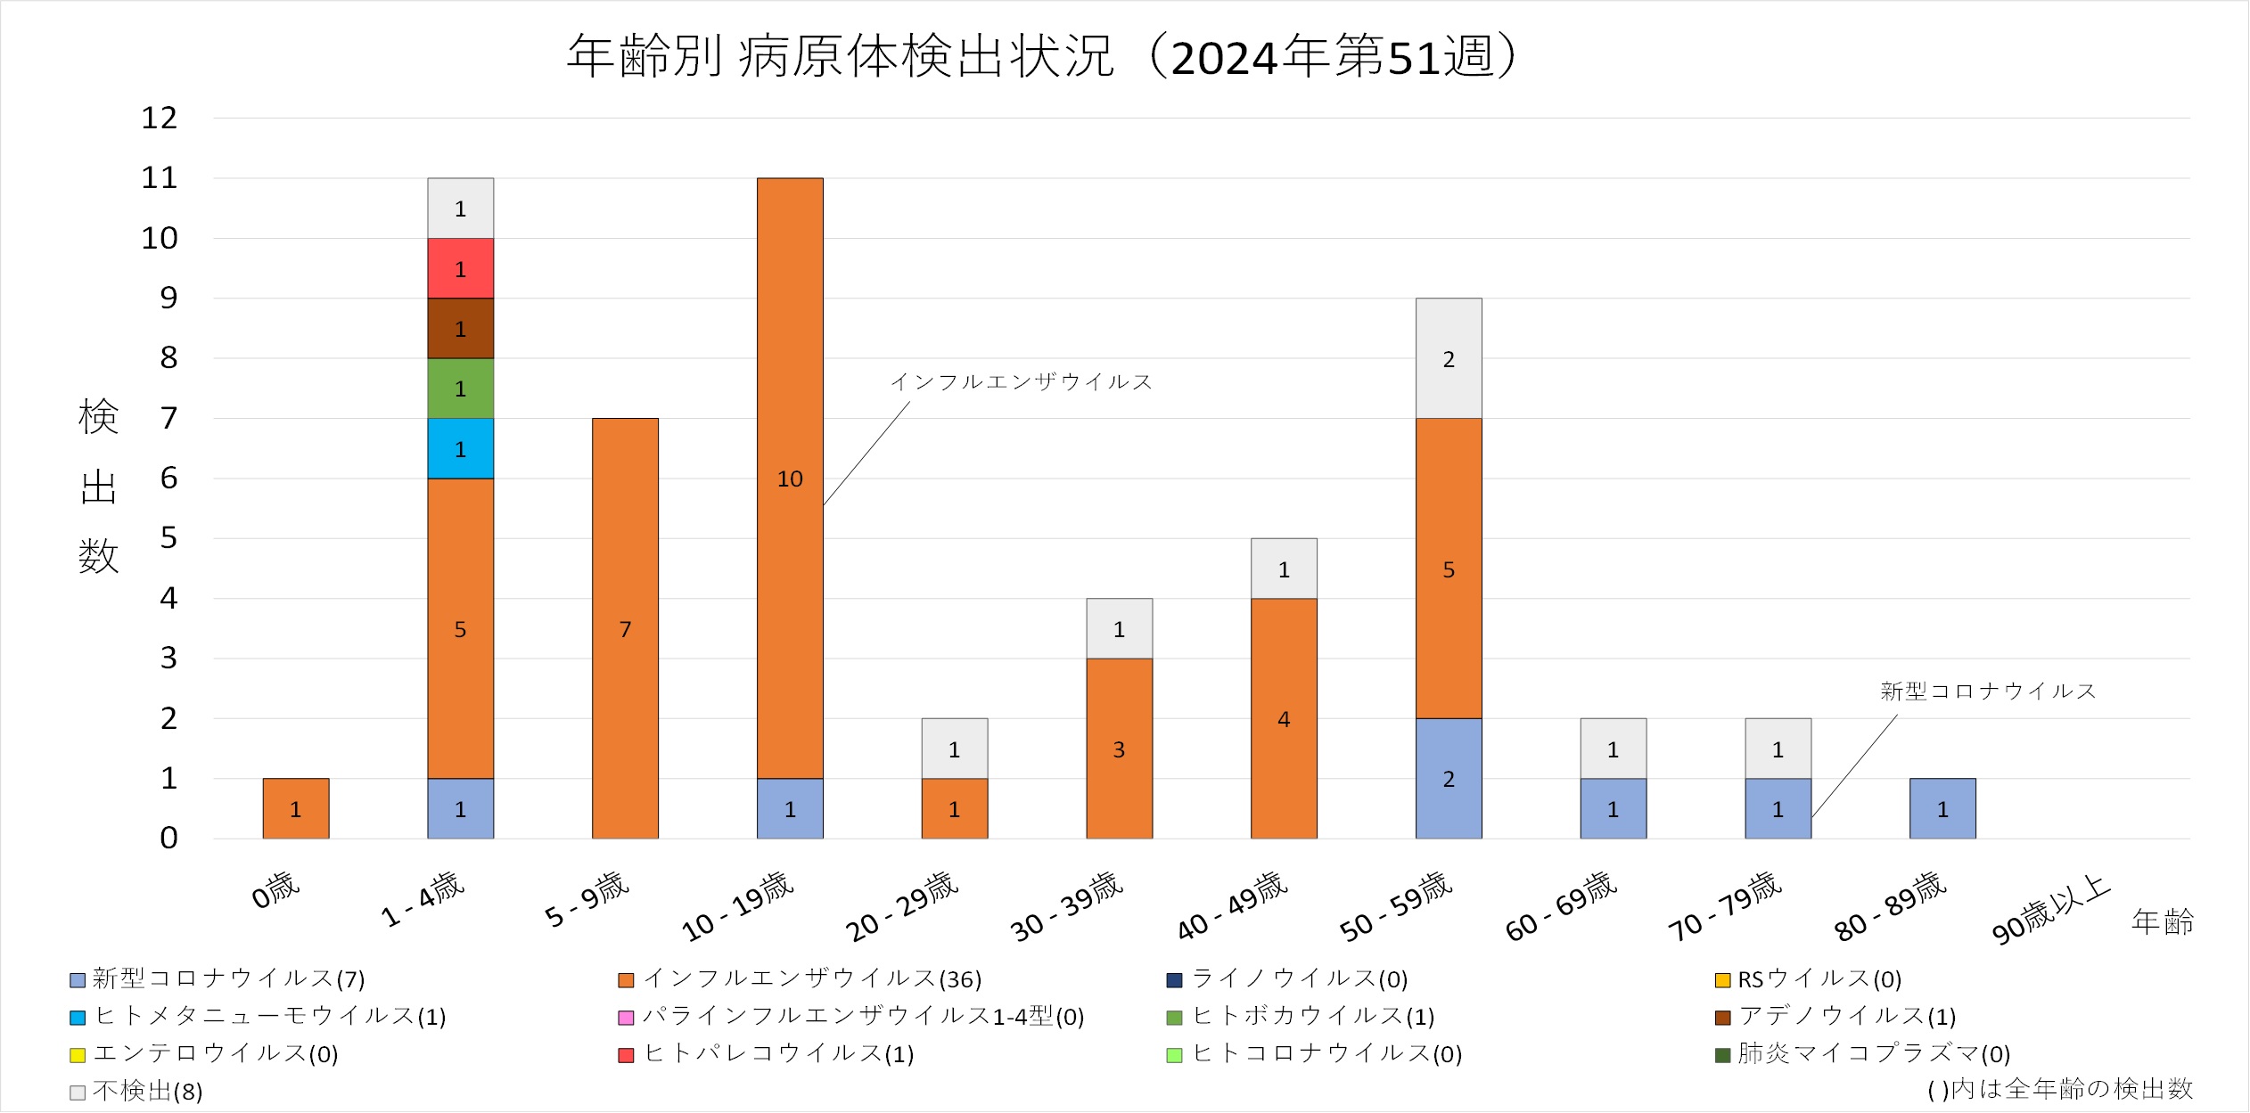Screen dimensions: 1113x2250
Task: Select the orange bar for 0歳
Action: pos(295,808)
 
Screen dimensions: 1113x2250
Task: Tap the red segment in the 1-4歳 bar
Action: pos(460,268)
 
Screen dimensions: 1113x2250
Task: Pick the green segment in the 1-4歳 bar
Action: pos(460,389)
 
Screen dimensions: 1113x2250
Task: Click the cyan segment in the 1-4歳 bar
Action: pos(460,448)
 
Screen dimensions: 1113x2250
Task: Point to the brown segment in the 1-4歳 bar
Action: pos(460,328)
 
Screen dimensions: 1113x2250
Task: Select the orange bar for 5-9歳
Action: pos(625,628)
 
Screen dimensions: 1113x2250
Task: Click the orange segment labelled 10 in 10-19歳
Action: pos(790,479)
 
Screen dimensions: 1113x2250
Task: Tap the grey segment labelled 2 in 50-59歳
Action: pos(1449,358)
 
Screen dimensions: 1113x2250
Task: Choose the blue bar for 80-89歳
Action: pos(1942,808)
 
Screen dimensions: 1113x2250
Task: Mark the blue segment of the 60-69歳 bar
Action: pos(1613,808)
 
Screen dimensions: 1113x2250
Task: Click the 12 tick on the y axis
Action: pos(160,118)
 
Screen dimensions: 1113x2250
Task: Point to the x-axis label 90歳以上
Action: pos(2050,909)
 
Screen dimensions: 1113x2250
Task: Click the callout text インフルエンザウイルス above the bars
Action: pos(1022,382)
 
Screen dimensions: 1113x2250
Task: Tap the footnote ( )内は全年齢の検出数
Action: pos(2059,1089)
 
